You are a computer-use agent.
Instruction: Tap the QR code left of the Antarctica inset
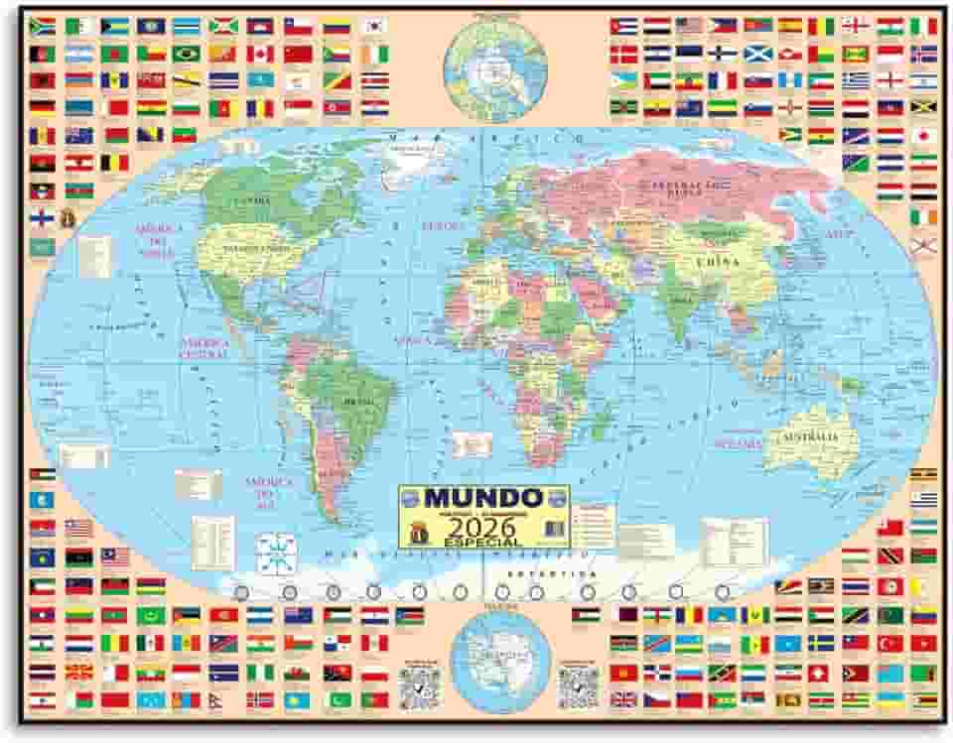pos(419,685)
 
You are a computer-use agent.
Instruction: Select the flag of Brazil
pos(187,54)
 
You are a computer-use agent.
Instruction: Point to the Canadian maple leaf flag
pos(259,54)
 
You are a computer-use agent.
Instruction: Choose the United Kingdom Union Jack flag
pos(624,699)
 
